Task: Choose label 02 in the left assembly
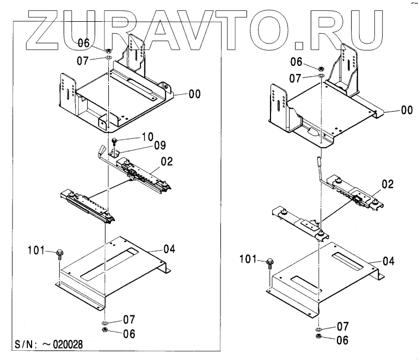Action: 167,161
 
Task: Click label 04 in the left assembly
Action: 169,250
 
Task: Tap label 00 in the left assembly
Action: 194,94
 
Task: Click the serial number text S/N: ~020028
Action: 48,345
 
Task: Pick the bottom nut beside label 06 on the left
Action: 104,330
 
